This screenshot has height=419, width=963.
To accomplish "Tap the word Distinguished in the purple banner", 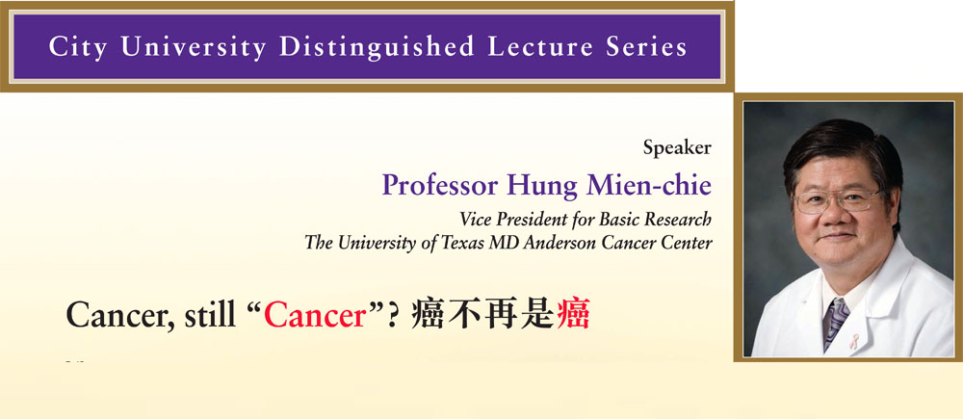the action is click(377, 48).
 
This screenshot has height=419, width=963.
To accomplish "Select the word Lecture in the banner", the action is click(534, 46).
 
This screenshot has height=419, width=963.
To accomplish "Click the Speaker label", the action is click(677, 148).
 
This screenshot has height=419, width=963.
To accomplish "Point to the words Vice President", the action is click(517, 219).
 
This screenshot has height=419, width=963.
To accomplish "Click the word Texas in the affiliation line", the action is click(462, 243).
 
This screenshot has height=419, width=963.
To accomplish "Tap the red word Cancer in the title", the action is click(315, 316).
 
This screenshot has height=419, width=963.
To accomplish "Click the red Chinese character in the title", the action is click(573, 316).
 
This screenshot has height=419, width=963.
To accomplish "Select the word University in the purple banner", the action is click(195, 48).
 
